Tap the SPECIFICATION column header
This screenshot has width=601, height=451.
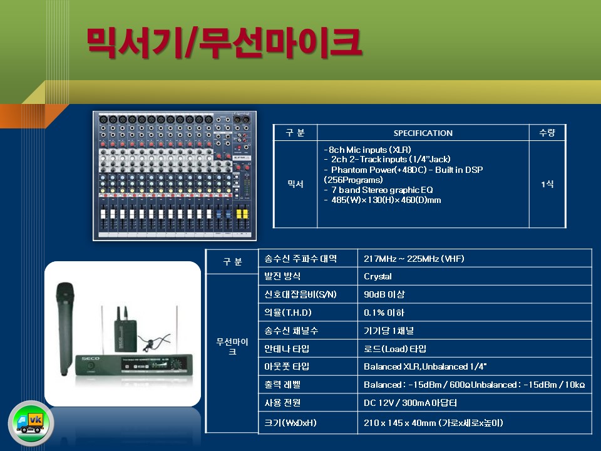click(x=423, y=133)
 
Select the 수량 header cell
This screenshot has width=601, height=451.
click(x=547, y=133)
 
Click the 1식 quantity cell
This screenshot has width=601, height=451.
click(x=547, y=184)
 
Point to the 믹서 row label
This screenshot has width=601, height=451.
click(x=295, y=184)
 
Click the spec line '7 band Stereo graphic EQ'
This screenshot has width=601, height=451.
click(x=379, y=190)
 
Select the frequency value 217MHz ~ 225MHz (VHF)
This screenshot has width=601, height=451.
click(x=414, y=259)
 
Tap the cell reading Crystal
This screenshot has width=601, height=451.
click(x=378, y=276)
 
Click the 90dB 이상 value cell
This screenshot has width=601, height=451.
click(x=384, y=294)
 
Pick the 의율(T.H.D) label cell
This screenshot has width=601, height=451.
click(x=288, y=313)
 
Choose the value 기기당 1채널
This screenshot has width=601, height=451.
click(x=389, y=331)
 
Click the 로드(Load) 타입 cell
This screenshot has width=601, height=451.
click(x=395, y=349)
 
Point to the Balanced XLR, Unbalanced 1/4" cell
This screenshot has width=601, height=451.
click(x=425, y=366)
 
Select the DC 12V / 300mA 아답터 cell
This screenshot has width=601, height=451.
click(x=410, y=403)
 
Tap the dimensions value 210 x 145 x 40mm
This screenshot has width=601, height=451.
click(x=433, y=423)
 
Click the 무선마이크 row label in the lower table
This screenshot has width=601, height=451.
click(x=232, y=346)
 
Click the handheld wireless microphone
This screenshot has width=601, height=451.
click(x=65, y=328)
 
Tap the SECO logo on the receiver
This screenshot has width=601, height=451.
click(x=90, y=358)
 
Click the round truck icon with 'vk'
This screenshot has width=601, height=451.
click(x=31, y=423)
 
